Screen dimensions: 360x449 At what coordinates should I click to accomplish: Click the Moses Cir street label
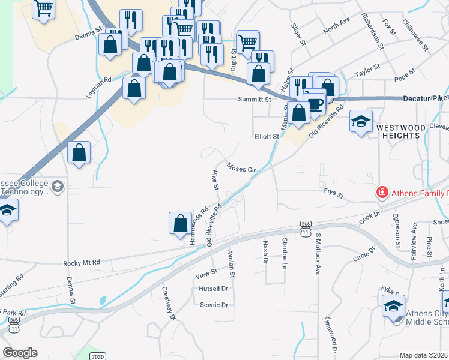pos(241,167)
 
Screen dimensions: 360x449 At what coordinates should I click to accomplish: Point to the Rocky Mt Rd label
pos(82,263)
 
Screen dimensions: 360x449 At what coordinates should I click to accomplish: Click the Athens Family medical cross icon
pos(381,193)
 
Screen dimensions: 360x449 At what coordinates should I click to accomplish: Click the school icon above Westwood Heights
pos(361,121)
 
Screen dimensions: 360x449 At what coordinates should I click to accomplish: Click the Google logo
pos(20,353)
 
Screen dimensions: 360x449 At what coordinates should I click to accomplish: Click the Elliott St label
pos(267,136)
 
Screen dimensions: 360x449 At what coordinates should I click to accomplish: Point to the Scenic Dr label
pos(214,305)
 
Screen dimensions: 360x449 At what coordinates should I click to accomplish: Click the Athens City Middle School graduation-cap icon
pos(393,306)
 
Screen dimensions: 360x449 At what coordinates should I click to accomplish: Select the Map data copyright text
pos(424,355)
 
